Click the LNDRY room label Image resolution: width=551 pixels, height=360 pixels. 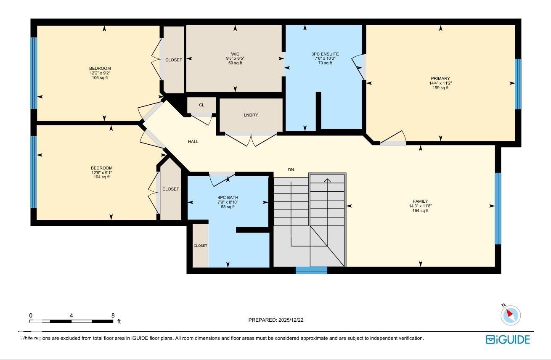click(251, 115)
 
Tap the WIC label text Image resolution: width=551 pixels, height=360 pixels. click(235, 54)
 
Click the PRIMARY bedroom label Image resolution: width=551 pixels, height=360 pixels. click(440, 79)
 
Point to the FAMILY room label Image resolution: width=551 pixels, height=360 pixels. click(420, 201)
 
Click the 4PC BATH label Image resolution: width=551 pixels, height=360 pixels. click(228, 197)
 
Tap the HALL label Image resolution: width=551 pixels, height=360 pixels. click(193, 142)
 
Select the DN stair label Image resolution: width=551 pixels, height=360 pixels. click(291, 170)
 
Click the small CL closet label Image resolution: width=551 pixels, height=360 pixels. click(201, 105)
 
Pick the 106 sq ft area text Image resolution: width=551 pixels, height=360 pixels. click(100, 78)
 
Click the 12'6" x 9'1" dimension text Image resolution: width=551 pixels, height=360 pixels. click(101, 172)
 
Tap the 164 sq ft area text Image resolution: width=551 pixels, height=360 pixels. click(420, 211)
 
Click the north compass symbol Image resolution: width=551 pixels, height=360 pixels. click(511, 315)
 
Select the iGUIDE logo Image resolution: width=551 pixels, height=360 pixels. click(508, 339)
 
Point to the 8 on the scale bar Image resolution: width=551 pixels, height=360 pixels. click(113, 315)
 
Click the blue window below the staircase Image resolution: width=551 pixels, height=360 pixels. click(311, 270)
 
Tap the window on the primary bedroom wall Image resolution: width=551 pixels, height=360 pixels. click(518, 84)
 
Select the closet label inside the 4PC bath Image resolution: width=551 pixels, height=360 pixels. click(200, 246)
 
